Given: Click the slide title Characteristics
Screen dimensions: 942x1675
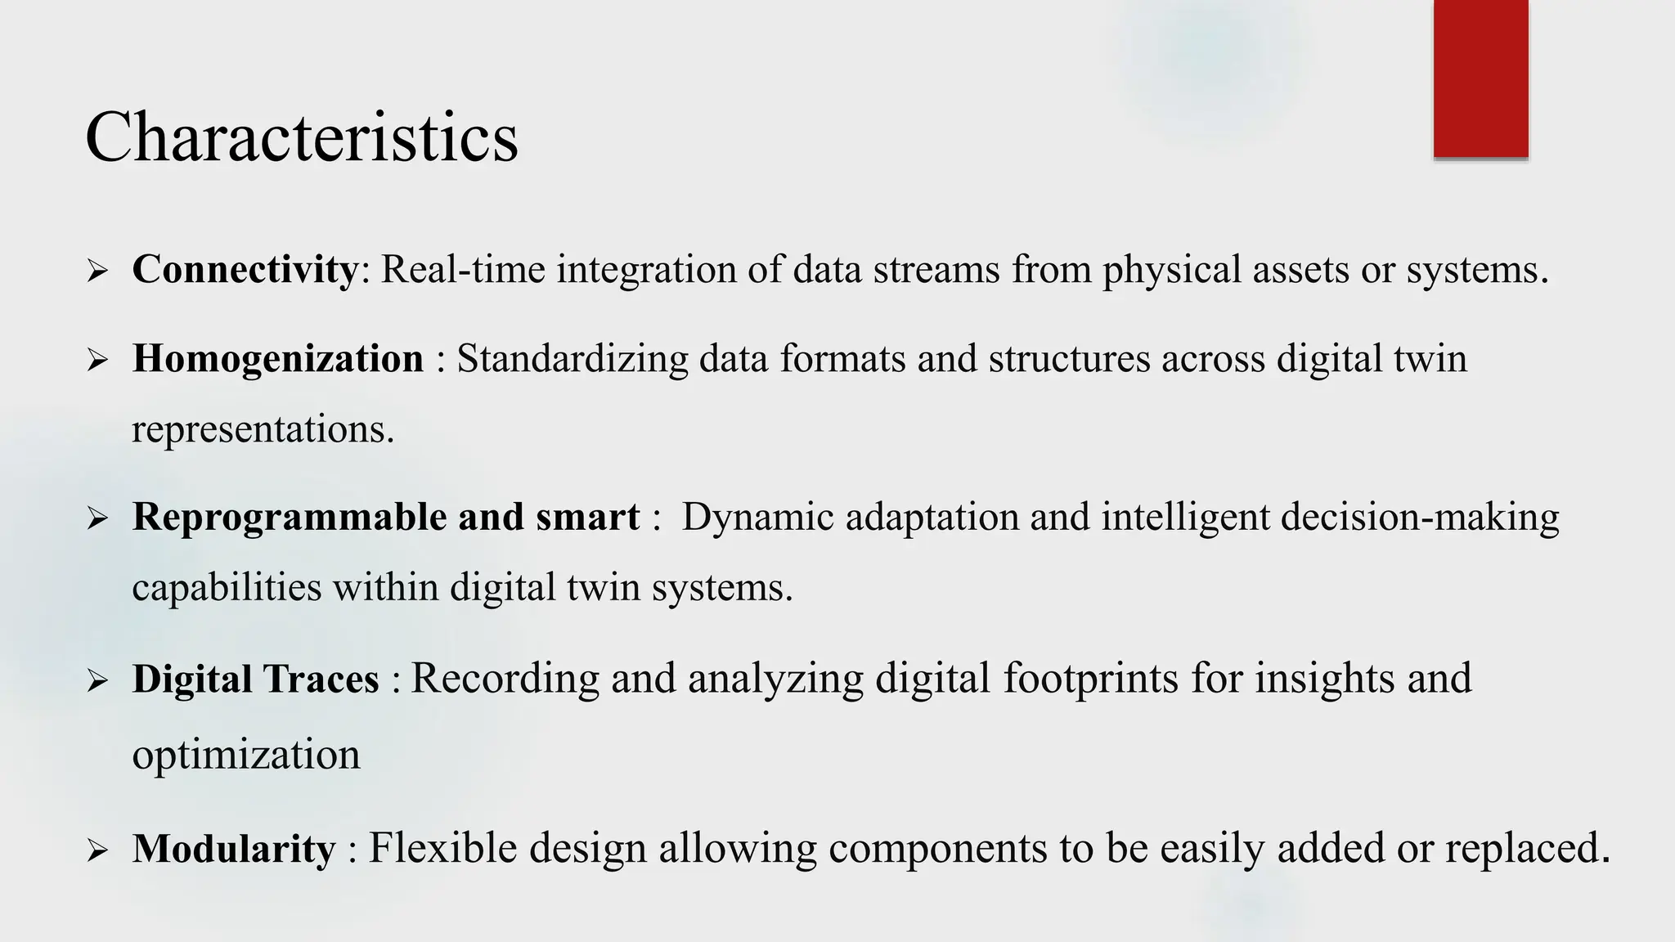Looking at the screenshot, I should pos(301,137).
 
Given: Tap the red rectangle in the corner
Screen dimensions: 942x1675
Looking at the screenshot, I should pos(1480,78).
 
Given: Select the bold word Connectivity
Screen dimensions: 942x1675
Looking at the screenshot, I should pos(245,269).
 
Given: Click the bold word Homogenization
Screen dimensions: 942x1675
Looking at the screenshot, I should pos(278,359).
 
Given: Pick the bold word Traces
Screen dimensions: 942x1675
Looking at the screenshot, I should pos(321,680).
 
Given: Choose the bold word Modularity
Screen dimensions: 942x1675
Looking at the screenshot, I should pos(234,848).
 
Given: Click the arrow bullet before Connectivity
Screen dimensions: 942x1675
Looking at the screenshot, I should pos(97,271).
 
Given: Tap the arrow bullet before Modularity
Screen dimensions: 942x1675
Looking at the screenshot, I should pos(97,850).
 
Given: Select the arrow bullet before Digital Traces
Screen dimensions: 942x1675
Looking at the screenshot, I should pos(97,681).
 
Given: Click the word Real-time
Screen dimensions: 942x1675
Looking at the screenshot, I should pos(463,269).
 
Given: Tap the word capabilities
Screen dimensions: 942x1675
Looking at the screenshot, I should pos(227,587).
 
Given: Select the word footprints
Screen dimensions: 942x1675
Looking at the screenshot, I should pos(1091,679).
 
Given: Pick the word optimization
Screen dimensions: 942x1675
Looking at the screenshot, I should pos(246,754).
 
